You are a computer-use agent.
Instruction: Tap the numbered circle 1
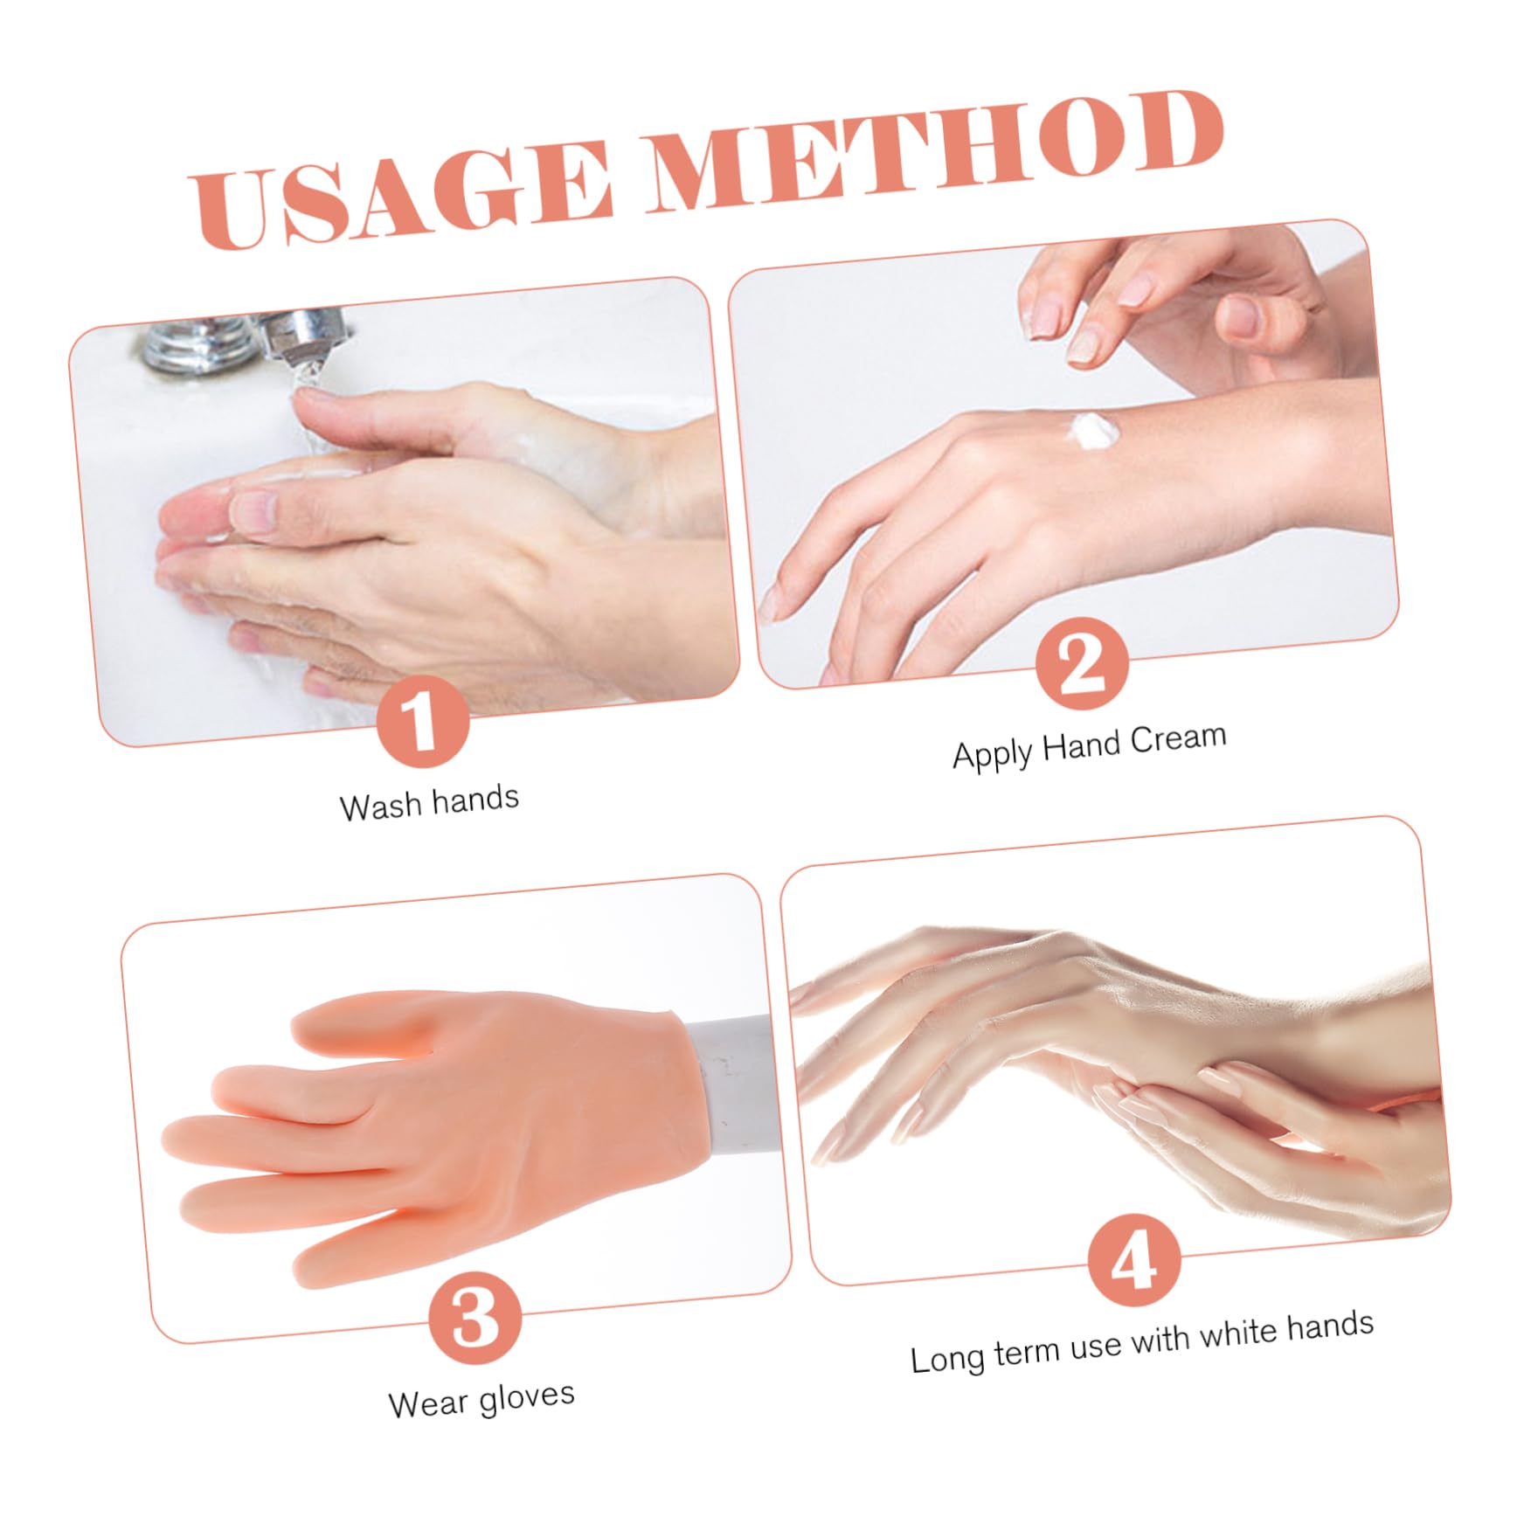coord(423,722)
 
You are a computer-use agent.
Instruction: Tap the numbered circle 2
coord(1082,664)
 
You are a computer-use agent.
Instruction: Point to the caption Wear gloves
coord(481,1400)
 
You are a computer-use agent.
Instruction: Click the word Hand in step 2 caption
coord(1081,746)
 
